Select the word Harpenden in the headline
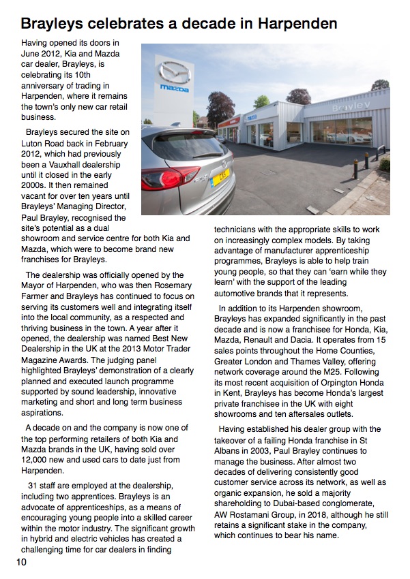(295, 24)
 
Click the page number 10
(22, 562)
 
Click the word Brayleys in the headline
(53, 24)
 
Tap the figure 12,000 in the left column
(38, 460)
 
